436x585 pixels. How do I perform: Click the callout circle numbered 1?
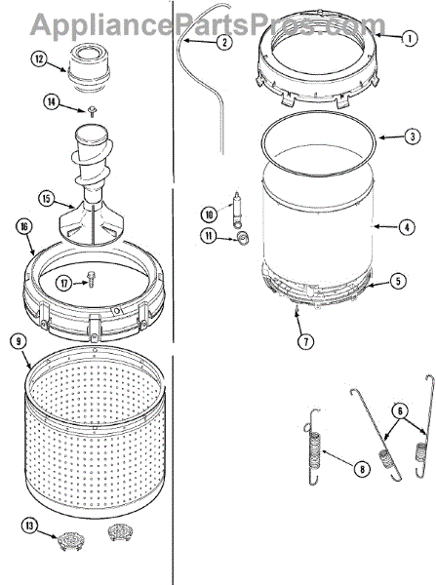point(409,38)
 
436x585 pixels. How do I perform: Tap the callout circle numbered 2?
point(224,42)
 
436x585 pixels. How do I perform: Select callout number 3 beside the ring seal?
point(413,136)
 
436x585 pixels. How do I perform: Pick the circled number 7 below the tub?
point(305,341)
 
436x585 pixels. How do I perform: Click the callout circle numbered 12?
point(39,58)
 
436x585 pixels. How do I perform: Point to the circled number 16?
point(24,227)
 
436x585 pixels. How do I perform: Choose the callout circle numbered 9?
point(19,341)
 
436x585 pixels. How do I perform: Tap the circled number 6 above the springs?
point(400,410)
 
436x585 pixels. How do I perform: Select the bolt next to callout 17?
point(90,278)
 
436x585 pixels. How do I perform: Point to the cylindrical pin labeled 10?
point(236,210)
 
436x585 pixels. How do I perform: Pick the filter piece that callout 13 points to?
point(66,540)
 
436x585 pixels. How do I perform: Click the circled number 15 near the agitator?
point(46,199)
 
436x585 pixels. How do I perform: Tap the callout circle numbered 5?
point(398,281)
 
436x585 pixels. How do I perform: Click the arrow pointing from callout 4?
point(386,226)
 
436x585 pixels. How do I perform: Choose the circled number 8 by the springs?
point(362,469)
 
